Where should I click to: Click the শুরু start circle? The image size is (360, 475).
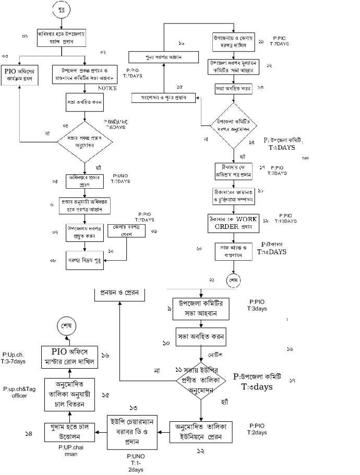click(x=62, y=9)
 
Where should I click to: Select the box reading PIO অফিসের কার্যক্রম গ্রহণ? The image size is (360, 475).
click(x=19, y=76)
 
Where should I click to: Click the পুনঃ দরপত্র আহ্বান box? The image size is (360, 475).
click(x=163, y=56)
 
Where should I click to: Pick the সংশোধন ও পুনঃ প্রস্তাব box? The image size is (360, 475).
click(x=163, y=98)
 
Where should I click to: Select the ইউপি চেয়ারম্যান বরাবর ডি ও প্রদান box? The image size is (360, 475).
click(x=137, y=432)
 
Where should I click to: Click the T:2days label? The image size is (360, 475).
click(x=257, y=433)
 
